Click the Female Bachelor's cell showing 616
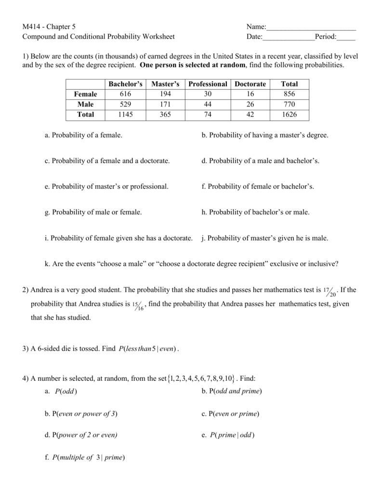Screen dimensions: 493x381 coord(126,94)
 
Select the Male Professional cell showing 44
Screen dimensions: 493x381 coord(208,104)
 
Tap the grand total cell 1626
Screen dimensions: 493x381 coord(289,115)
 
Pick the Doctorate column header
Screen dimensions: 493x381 coord(250,84)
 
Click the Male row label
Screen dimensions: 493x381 coord(85,104)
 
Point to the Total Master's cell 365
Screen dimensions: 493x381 coord(165,115)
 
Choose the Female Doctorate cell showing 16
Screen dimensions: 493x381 coord(250,94)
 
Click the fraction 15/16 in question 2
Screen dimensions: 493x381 coord(139,305)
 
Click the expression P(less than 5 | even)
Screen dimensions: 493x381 coord(148,349)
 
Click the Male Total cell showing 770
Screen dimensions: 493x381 coord(289,104)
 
